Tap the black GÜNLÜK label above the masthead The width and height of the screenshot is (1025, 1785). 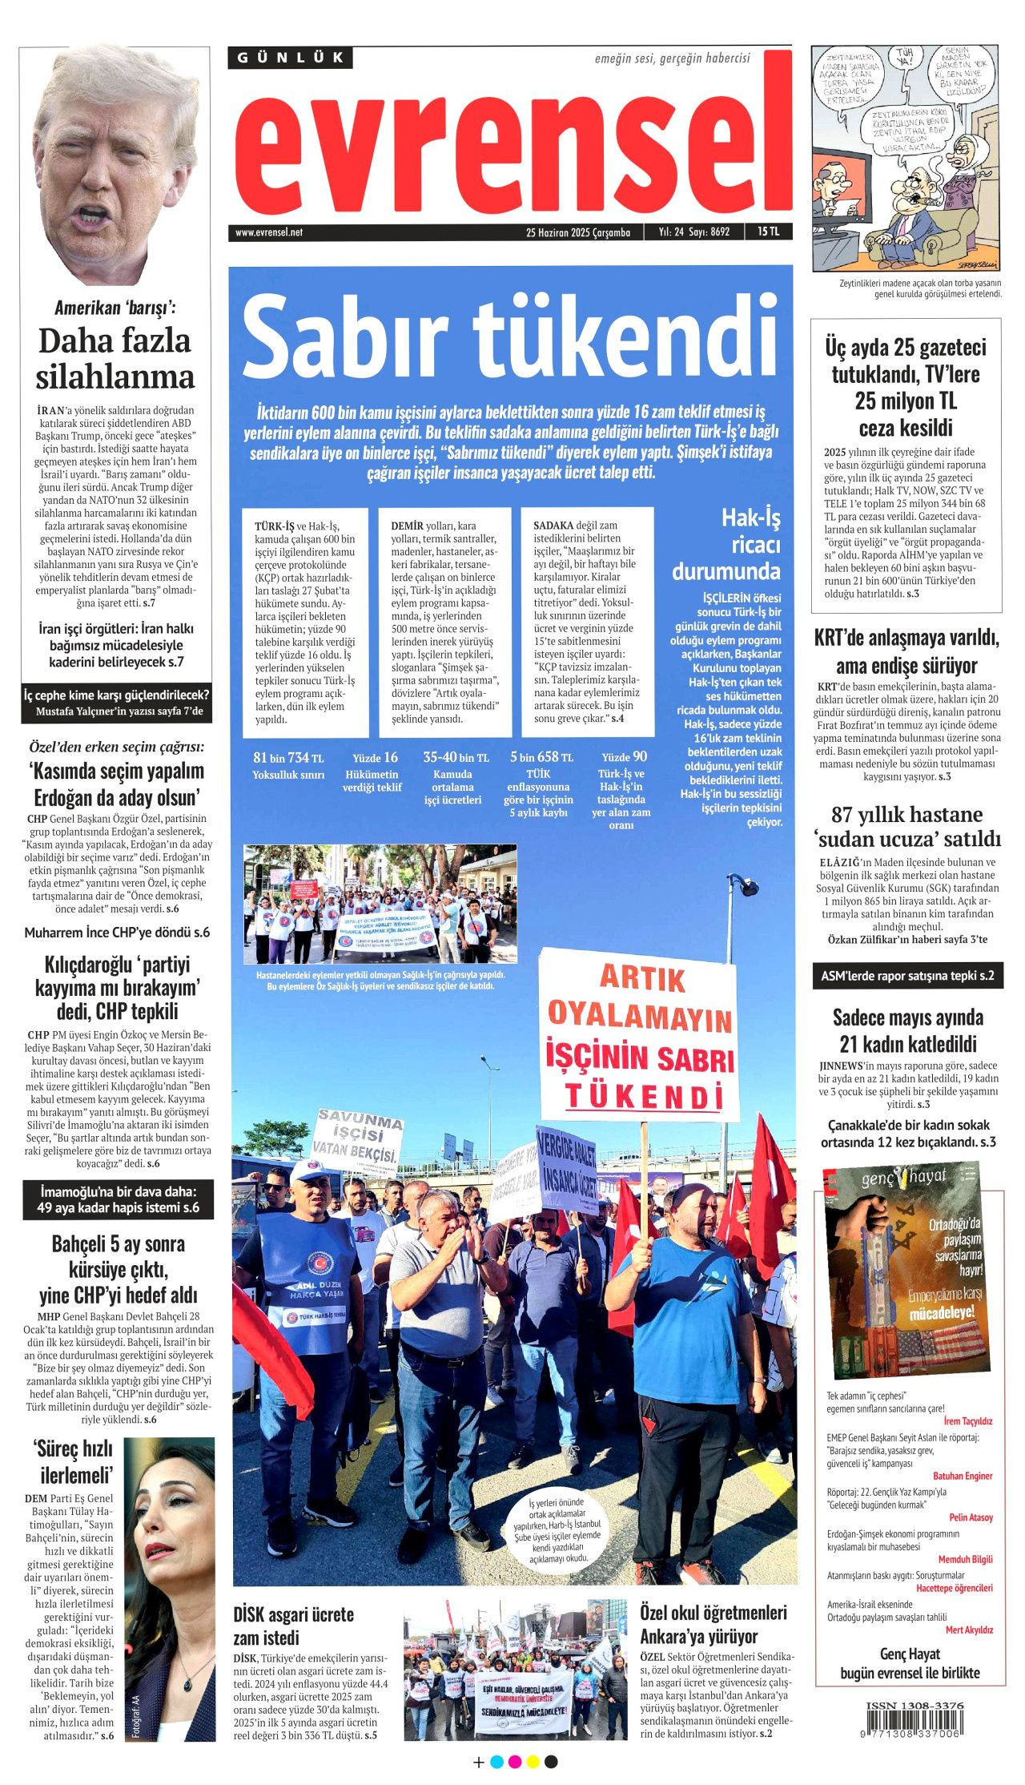point(291,58)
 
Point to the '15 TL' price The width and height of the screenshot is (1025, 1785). point(768,232)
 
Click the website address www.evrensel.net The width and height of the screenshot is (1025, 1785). point(269,232)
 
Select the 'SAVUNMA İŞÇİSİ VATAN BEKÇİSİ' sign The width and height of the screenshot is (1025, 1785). point(356,1138)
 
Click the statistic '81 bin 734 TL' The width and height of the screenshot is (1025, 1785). point(288,757)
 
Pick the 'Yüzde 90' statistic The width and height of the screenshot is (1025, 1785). point(624,757)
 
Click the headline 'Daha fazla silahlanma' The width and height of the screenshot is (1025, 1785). point(115,358)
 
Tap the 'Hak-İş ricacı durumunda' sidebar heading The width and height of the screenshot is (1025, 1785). point(726,544)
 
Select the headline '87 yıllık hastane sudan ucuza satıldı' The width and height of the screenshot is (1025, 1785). point(908,827)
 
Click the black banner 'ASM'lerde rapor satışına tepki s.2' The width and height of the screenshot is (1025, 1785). point(907,976)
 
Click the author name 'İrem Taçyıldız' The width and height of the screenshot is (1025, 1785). point(968,1421)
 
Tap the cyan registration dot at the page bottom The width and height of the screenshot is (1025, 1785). point(496,1762)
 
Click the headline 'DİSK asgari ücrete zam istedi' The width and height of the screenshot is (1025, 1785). point(293,1625)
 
